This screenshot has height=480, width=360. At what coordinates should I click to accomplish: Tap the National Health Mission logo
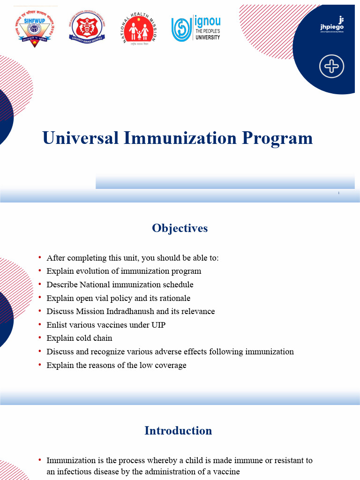[138, 28]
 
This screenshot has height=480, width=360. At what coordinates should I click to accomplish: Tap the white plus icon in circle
[331, 67]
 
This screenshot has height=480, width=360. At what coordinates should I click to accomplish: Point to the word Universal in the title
[80, 138]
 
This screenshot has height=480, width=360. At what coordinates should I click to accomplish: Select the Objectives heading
[180, 228]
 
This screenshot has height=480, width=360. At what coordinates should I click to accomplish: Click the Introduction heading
[178, 431]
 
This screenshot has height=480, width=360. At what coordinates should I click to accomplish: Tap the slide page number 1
[338, 193]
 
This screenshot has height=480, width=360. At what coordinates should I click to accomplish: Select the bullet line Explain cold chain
[79, 338]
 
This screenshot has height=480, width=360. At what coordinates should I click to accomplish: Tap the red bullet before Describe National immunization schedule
[40, 285]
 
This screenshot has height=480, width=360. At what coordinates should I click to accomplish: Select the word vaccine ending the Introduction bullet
[226, 472]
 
